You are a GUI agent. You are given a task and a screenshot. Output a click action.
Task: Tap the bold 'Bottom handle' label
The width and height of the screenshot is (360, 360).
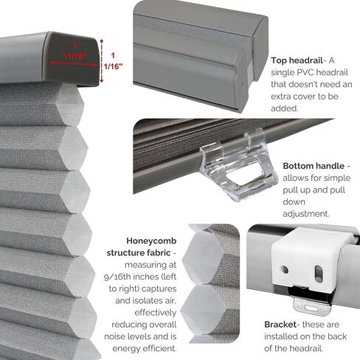tap(308, 167)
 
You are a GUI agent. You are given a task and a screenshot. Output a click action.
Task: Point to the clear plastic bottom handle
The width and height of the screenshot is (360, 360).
tap(231, 165)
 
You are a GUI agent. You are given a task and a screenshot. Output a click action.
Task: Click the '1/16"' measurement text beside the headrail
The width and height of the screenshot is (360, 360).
tap(114, 66)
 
